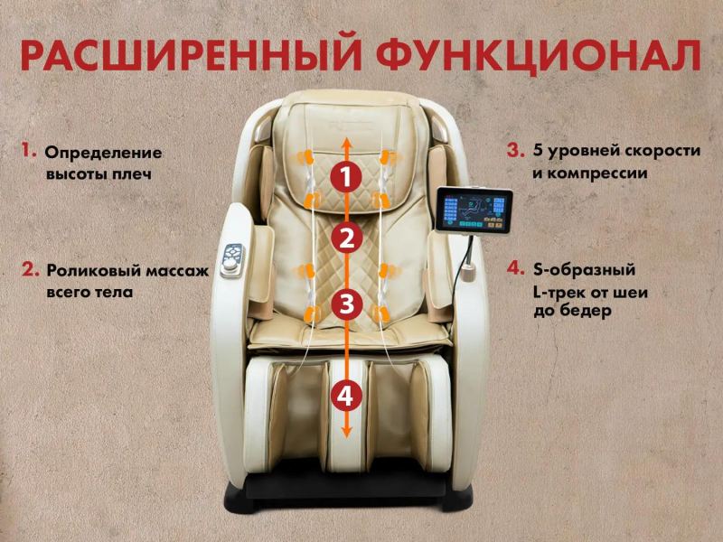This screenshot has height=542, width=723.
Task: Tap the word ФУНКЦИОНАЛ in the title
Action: (539, 54)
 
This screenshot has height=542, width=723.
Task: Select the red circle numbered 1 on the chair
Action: (346, 177)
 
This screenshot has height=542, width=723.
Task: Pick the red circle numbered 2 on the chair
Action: (346, 239)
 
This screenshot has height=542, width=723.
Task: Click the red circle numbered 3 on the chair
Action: (346, 304)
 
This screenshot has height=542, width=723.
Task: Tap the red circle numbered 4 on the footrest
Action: (346, 396)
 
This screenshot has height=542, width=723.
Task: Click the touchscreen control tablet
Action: (474, 210)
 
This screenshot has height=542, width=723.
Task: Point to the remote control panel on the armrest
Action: (232, 260)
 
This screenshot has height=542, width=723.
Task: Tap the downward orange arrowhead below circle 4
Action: (346, 431)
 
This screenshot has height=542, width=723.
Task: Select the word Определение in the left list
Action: (103, 154)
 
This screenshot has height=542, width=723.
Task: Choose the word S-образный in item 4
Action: (584, 269)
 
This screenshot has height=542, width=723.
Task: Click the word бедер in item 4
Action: (586, 311)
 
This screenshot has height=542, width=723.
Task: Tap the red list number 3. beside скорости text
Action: (515, 150)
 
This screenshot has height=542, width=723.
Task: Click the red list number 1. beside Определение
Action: (29, 150)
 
